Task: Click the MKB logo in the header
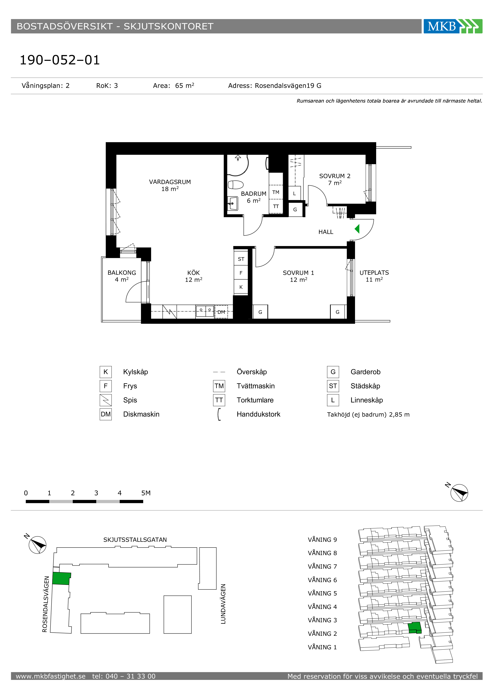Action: click(x=453, y=26)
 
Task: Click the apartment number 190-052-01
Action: click(x=60, y=60)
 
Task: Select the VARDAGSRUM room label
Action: click(x=170, y=182)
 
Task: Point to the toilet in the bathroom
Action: click(x=236, y=185)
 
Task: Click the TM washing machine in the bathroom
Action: click(x=276, y=192)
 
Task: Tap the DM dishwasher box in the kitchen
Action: click(x=221, y=312)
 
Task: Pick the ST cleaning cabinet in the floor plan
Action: click(x=241, y=259)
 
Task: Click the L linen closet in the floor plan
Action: click(x=294, y=193)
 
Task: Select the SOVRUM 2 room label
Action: click(x=335, y=176)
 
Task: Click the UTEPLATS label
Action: click(x=374, y=273)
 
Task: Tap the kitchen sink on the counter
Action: click(x=205, y=311)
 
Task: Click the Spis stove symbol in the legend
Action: click(x=106, y=400)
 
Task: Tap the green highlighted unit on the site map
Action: click(x=61, y=578)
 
